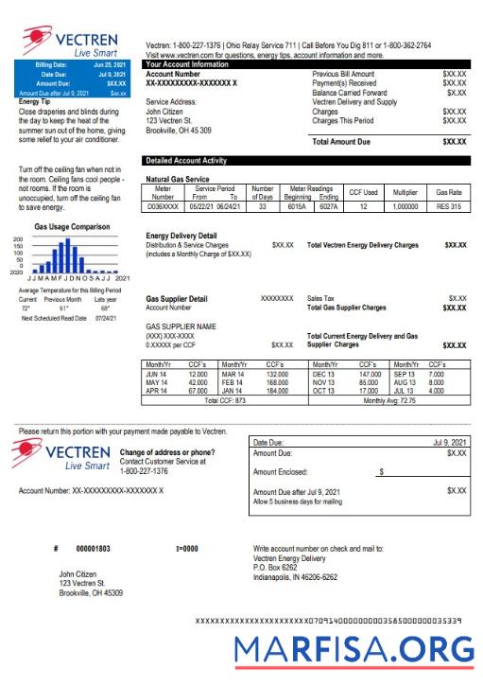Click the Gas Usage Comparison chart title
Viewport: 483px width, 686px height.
tap(70, 228)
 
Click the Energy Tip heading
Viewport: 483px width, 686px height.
tap(35, 101)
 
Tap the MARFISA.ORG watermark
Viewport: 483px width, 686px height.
tap(354, 650)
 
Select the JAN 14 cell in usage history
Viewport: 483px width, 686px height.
tap(233, 390)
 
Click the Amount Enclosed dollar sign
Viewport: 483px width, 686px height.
tap(381, 470)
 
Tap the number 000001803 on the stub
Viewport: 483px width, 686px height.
tap(93, 549)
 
